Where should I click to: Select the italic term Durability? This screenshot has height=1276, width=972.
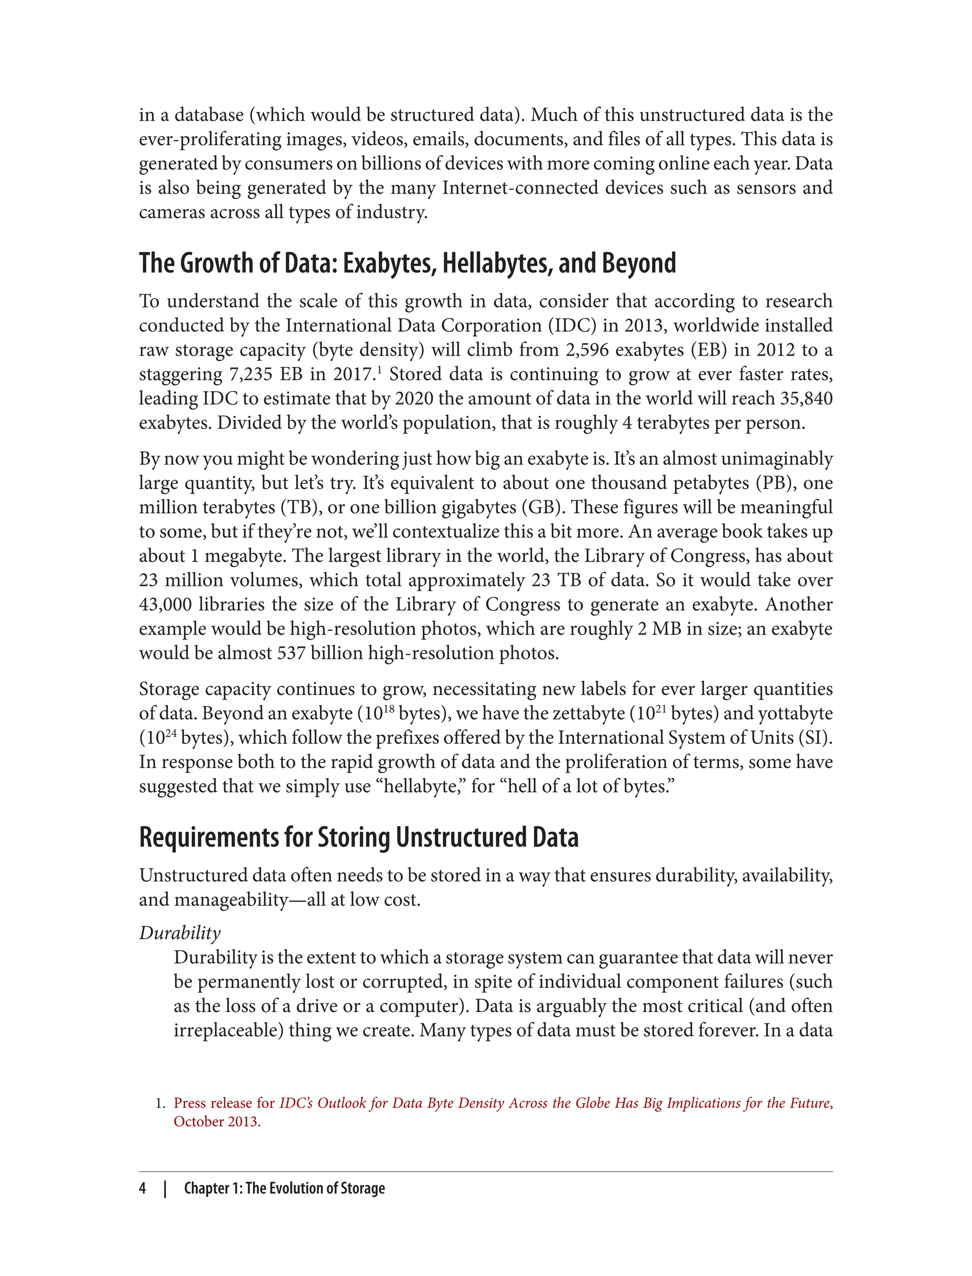[180, 933]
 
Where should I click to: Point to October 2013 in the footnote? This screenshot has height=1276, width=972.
[216, 1122]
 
